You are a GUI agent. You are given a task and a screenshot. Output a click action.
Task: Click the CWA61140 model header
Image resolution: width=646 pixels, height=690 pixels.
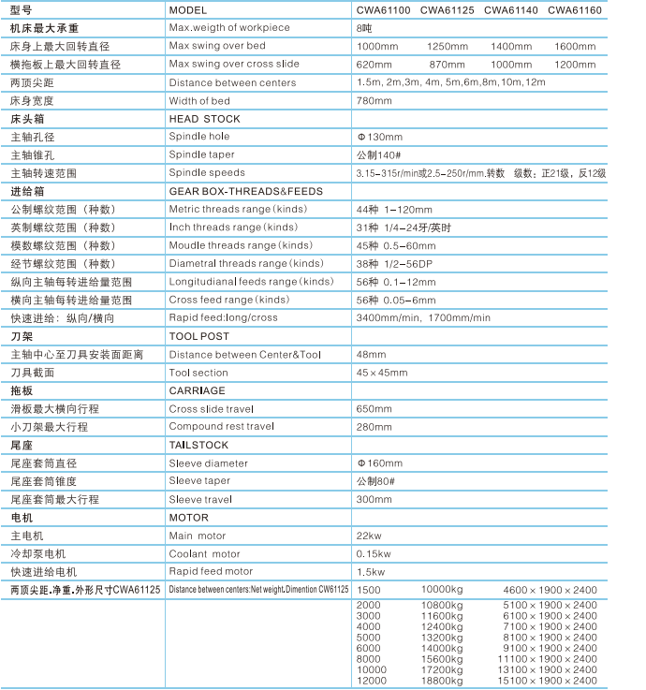pos(510,10)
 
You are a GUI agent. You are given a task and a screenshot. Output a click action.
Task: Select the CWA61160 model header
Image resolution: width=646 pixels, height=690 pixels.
pos(574,10)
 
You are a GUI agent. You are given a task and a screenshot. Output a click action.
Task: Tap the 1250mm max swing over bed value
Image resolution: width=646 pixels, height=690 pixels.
pos(447,46)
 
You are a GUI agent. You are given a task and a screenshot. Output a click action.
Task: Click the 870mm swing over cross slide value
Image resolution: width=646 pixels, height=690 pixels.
pos(447,65)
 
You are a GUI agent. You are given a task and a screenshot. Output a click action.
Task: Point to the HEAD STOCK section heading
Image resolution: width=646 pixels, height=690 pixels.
pos(204,119)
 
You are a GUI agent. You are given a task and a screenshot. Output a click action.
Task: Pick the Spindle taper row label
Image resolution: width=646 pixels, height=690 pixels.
pos(201,154)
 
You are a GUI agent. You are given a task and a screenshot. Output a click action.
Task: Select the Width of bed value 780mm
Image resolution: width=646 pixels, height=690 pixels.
pos(374,100)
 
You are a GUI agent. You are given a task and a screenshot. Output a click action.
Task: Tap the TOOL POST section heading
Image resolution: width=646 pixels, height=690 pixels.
pos(198,336)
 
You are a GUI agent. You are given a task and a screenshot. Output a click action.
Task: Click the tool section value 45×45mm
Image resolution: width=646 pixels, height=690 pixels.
pos(382,373)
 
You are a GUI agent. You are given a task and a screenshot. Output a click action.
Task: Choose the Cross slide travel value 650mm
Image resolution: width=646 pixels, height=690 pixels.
pos(374,409)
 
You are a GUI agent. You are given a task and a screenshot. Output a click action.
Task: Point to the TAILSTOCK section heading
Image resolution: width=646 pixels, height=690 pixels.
pos(198,446)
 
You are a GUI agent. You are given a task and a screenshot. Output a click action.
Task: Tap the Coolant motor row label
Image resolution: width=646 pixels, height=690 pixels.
pos(204,553)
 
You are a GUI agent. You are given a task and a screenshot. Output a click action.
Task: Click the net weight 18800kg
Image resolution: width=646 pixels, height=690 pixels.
pos(442,681)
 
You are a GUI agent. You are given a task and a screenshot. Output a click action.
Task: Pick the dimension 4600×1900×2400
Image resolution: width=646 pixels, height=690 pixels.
pos(550,590)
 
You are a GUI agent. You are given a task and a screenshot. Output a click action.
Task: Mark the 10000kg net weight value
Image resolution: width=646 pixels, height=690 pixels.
pos(442,590)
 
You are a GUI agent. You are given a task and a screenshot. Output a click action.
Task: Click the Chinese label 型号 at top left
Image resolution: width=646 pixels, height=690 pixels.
pos(22,10)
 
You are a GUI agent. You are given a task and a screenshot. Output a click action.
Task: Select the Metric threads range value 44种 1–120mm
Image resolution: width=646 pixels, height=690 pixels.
pos(394,209)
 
